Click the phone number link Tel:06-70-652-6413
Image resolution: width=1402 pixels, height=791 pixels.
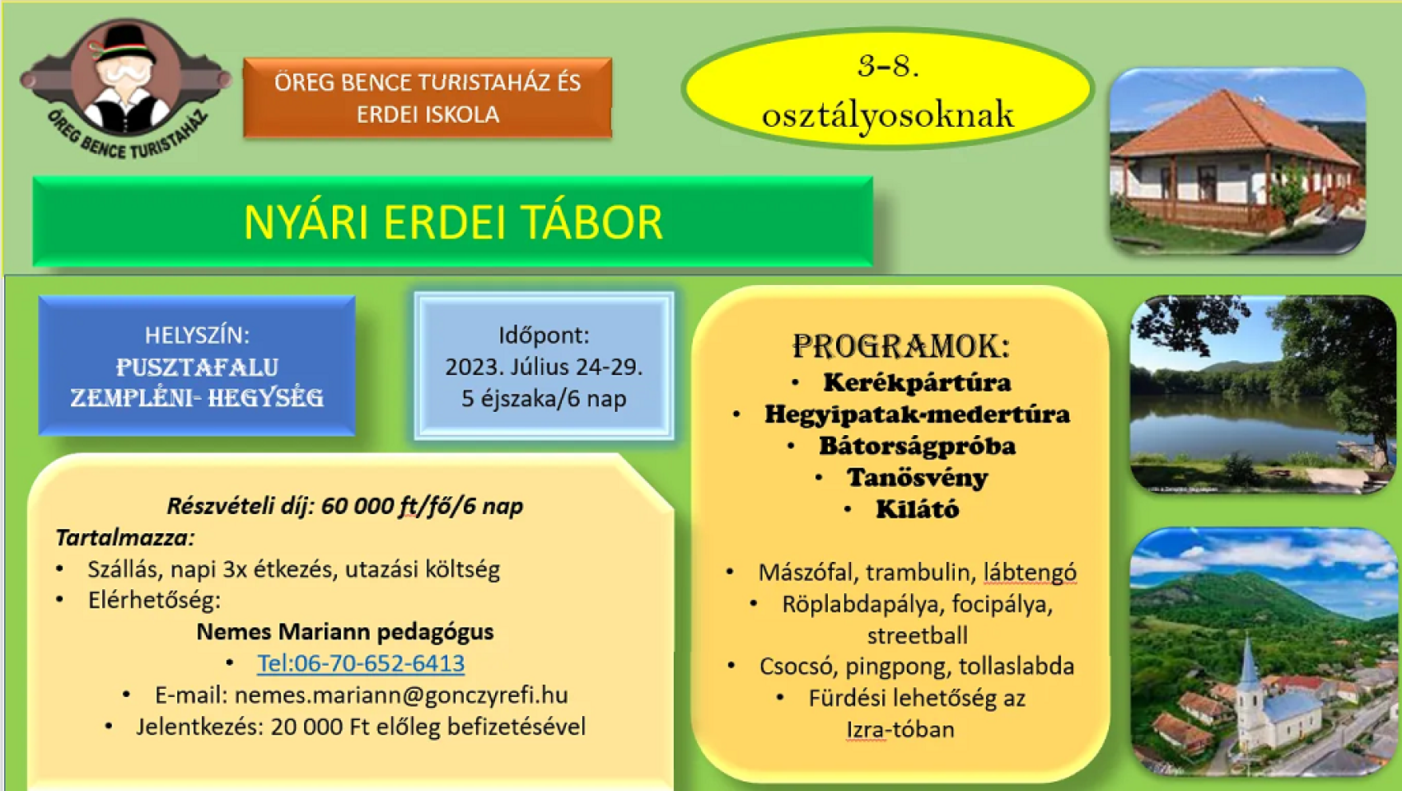click(x=361, y=663)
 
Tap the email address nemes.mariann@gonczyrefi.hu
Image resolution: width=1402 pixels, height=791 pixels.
click(x=401, y=695)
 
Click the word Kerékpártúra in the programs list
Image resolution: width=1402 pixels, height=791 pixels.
click(x=917, y=382)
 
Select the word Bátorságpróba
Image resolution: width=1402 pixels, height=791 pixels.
click(x=917, y=446)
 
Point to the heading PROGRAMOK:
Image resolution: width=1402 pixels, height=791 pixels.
click(x=901, y=346)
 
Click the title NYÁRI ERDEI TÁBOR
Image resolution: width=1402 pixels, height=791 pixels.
click(x=452, y=222)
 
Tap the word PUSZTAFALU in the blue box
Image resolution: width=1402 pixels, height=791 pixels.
click(x=197, y=367)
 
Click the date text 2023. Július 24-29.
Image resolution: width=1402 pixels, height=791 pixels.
click(x=544, y=367)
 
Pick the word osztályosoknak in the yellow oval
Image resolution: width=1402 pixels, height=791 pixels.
click(x=887, y=115)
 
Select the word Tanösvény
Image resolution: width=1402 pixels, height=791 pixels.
click(x=918, y=478)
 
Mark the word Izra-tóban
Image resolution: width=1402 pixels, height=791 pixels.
click(x=900, y=730)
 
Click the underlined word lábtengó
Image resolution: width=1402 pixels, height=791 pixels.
click(x=1030, y=573)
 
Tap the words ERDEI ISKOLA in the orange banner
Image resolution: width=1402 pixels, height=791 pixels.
click(x=428, y=115)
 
